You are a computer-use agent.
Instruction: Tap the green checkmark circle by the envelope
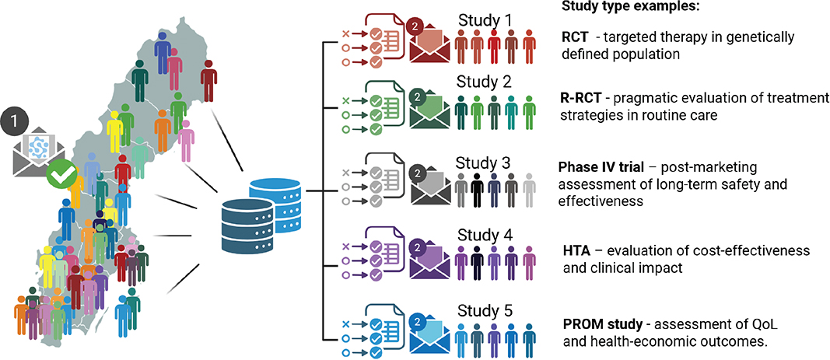coord(61,175)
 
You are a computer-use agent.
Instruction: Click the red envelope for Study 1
coord(429,42)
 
